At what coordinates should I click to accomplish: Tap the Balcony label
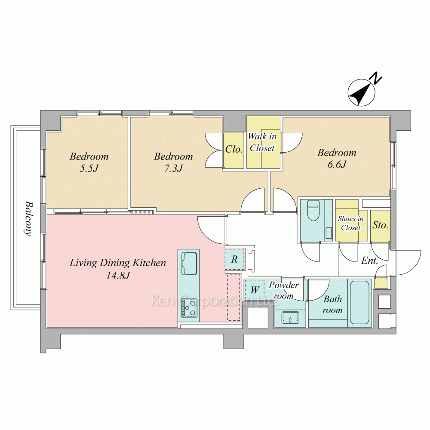tap(29, 219)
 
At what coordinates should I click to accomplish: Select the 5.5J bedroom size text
tap(89, 168)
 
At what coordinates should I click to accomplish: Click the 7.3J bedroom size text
tap(173, 168)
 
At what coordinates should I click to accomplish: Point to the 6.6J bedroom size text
tap(337, 164)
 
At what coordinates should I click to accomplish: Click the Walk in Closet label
tap(262, 142)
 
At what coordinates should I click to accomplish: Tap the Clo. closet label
tap(234, 149)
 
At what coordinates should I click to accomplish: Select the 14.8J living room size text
tap(118, 275)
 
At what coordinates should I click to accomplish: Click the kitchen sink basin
tap(189, 263)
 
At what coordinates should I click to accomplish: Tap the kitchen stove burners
tap(189, 307)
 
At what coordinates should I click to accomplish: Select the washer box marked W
tap(255, 289)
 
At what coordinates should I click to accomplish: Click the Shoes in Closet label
tap(351, 223)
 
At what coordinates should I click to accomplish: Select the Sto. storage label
tap(381, 225)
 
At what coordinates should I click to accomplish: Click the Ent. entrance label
tap(369, 260)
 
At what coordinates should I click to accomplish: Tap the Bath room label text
tap(333, 304)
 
